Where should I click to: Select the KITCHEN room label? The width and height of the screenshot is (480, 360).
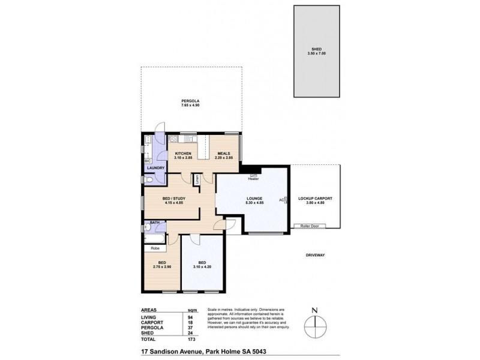pyautogui.click(x=183, y=154)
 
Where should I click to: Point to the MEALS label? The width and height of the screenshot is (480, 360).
pyautogui.click(x=224, y=154)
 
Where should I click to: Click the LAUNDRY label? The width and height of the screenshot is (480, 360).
pyautogui.click(x=155, y=168)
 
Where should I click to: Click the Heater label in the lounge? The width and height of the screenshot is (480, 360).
pyautogui.click(x=253, y=179)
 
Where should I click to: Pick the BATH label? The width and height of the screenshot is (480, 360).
pyautogui.click(x=154, y=223)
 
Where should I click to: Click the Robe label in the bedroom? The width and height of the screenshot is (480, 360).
pyautogui.click(x=155, y=247)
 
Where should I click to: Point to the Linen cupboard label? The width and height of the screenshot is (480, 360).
pyautogui.click(x=196, y=179)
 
